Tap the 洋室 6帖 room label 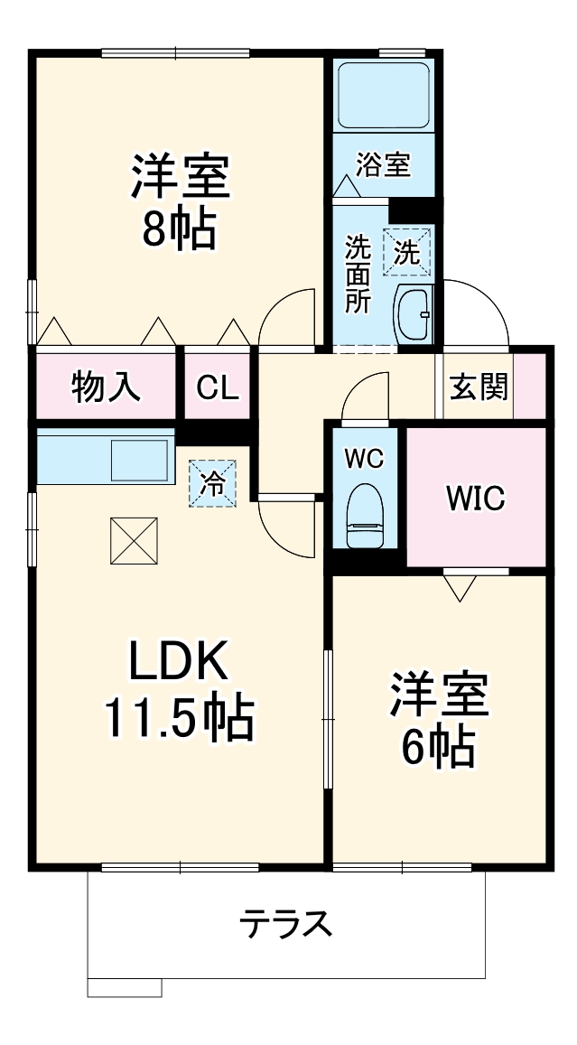(x=439, y=719)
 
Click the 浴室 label (x=383, y=164)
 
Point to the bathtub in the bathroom (x=383, y=94)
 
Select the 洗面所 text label (x=358, y=273)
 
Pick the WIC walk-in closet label (x=475, y=498)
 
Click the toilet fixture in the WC (x=365, y=516)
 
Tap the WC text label (x=364, y=458)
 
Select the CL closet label (x=218, y=387)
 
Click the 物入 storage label (x=106, y=387)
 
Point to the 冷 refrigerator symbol (x=211, y=482)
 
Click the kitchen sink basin (x=140, y=460)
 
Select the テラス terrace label (x=286, y=924)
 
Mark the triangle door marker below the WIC (x=460, y=588)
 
